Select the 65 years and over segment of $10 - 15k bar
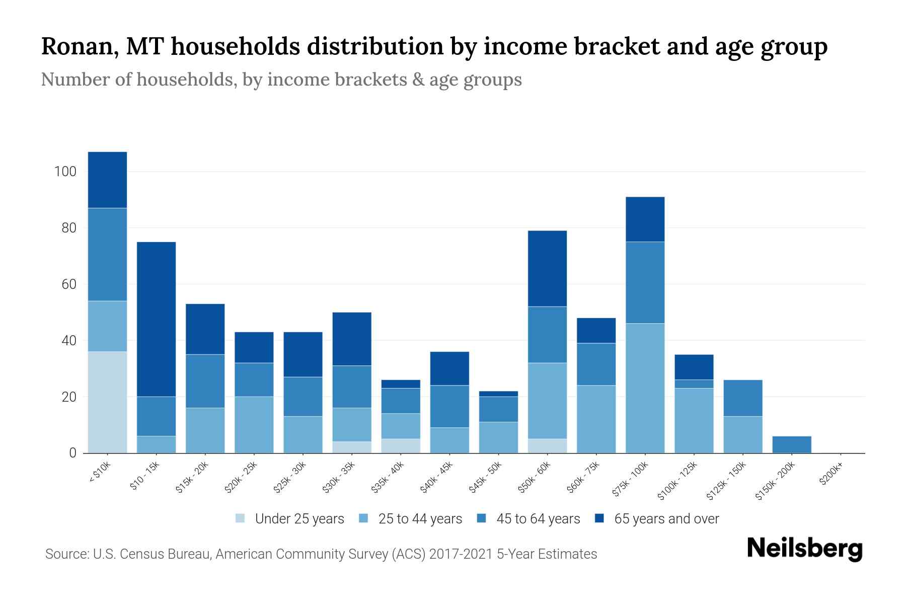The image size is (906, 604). (156, 319)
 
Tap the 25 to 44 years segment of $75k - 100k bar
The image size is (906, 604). (645, 388)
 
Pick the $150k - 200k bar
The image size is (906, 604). (791, 444)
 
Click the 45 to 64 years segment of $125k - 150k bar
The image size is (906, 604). (742, 398)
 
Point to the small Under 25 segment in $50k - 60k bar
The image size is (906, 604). (547, 446)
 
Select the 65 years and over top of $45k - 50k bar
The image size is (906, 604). (498, 394)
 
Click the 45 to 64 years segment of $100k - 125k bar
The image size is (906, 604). (694, 384)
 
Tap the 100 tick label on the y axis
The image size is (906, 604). (65, 172)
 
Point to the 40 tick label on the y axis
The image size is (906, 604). (68, 341)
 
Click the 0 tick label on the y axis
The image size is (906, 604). (72, 453)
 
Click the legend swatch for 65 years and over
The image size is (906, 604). (599, 518)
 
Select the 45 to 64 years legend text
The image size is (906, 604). (538, 519)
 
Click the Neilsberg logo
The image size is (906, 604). (804, 549)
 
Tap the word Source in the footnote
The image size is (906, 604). (66, 554)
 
